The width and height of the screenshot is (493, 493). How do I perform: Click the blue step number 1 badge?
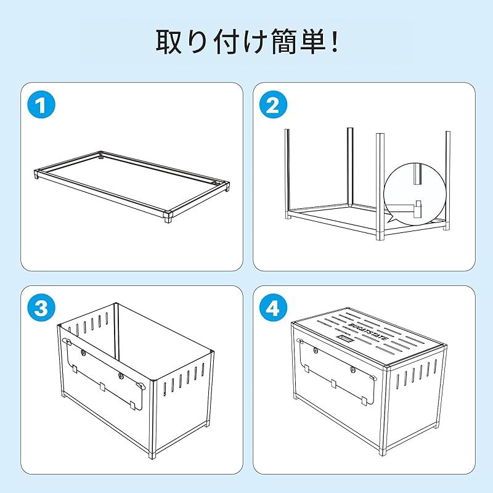click(42, 107)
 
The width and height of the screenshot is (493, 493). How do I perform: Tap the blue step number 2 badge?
click(272, 107)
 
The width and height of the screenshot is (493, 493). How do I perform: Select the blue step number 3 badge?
click(42, 309)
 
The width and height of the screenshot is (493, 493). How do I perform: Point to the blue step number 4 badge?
click(272, 309)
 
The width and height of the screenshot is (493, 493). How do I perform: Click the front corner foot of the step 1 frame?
click(167, 217)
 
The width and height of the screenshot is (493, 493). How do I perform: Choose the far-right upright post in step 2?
click(447, 173)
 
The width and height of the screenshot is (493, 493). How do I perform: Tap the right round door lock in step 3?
click(121, 375)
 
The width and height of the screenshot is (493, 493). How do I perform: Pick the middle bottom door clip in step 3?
click(102, 388)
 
